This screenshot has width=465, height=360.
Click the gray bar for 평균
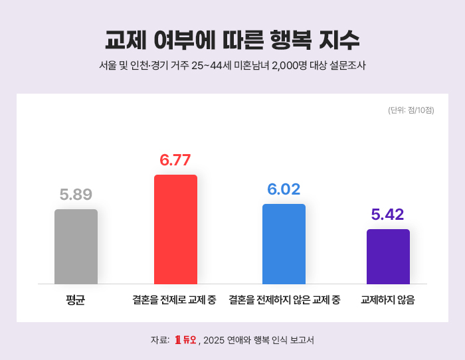[76, 246]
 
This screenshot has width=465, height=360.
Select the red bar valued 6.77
[175, 229]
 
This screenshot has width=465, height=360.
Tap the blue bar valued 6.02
[284, 244]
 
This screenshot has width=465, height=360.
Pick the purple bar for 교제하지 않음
[388, 256]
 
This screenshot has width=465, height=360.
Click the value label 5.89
[76, 195]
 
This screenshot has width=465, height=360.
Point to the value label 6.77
[175, 160]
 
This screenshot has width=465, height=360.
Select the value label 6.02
[284, 189]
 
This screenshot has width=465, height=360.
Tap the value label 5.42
[387, 215]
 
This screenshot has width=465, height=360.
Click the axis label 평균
[75, 300]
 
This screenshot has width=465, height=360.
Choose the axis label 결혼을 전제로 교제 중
[174, 300]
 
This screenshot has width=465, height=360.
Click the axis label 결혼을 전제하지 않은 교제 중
[284, 300]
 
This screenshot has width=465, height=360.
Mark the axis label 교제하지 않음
[388, 300]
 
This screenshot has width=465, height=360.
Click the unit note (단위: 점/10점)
[411, 110]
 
